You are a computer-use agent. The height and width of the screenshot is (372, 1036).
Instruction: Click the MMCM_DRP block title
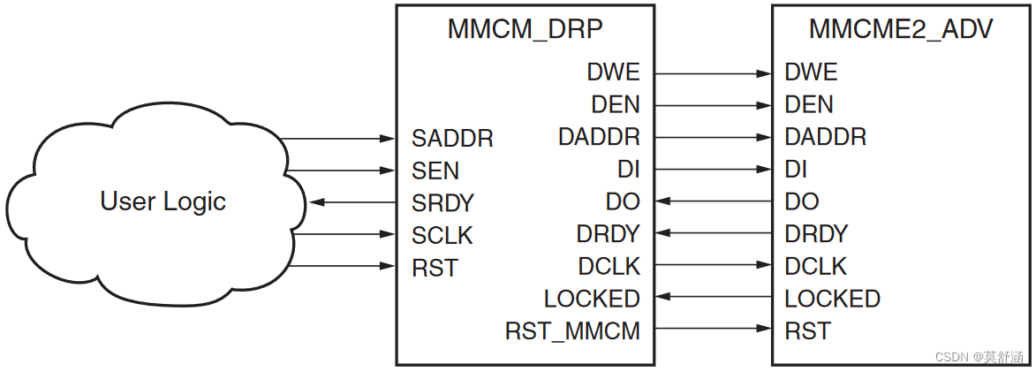pos(525,29)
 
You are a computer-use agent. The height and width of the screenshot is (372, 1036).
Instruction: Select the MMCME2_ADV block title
pos(901,29)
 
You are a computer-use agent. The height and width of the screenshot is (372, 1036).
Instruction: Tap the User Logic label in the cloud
pos(163,201)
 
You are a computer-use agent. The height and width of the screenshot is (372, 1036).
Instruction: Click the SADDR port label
pos(452,139)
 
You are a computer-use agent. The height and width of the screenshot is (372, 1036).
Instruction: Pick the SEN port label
pos(435,171)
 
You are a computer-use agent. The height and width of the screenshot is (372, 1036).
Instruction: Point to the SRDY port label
pos(442,203)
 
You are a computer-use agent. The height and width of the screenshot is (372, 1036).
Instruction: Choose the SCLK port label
pos(442,236)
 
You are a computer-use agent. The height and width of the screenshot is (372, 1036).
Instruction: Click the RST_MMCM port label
pos(572,331)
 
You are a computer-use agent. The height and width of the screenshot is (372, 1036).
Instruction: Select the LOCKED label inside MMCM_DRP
pos(592,299)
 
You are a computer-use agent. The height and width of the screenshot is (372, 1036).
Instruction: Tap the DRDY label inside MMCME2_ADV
pos(816,234)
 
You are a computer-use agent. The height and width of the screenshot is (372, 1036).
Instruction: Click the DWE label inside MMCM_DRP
pos(613,72)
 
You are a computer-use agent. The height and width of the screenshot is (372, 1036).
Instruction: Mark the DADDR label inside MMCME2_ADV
pos(825,137)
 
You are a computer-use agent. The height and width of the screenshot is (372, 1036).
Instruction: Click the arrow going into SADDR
pos(336,139)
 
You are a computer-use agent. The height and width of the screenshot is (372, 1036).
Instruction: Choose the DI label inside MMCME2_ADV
pos(796,170)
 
